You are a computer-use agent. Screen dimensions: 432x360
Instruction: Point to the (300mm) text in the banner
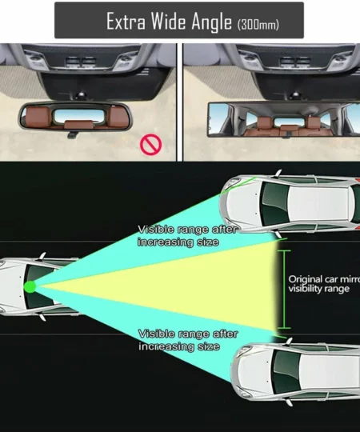click(258, 24)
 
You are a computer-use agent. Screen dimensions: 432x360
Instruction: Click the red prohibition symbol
click(152, 144)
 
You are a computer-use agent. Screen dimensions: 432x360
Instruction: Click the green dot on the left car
click(30, 286)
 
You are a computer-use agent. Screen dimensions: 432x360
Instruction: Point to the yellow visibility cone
click(184, 286)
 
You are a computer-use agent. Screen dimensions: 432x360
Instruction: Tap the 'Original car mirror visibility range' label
click(322, 283)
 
